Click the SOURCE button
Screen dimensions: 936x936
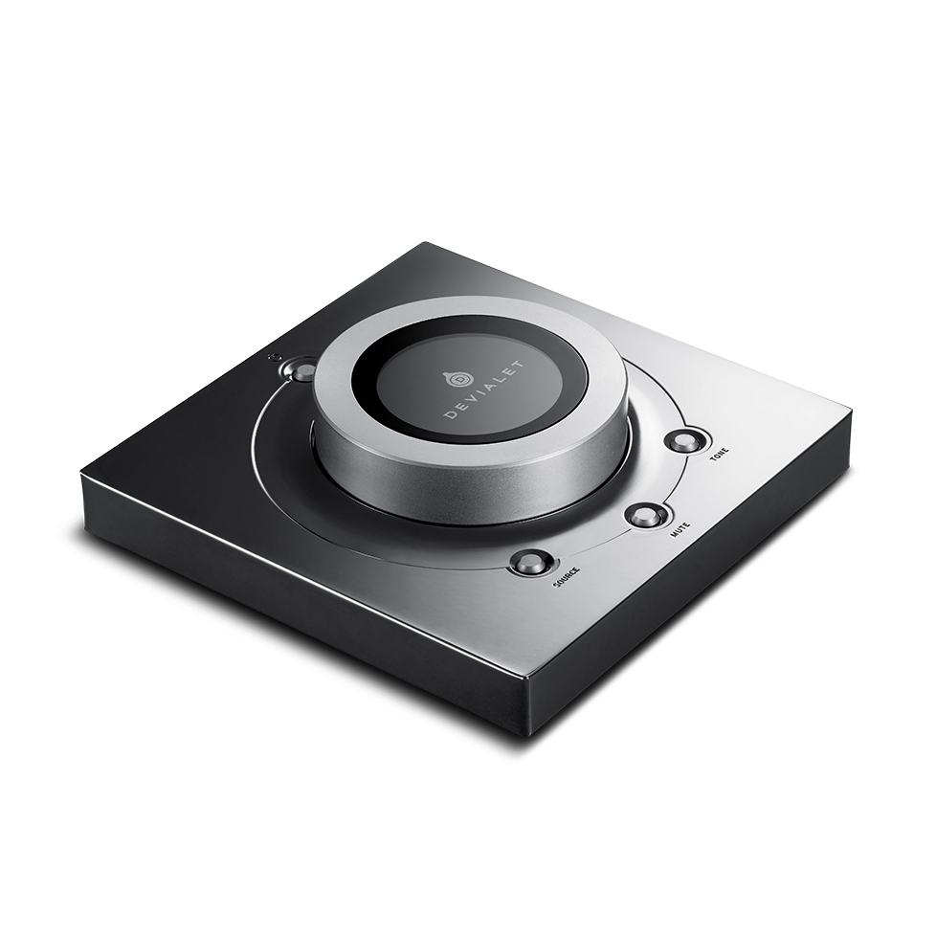click(x=528, y=563)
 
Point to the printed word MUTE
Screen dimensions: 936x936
click(x=680, y=529)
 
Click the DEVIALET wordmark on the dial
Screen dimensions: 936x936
click(x=484, y=390)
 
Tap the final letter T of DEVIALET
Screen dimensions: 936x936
click(x=520, y=365)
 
